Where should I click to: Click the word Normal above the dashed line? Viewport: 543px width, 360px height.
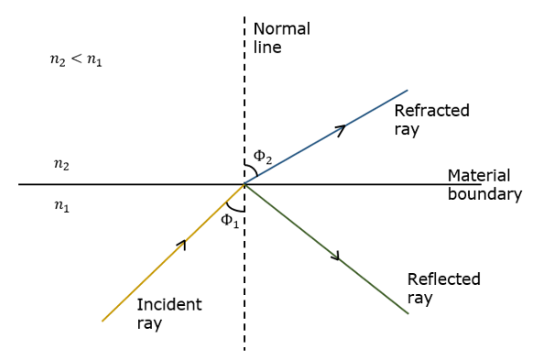282,28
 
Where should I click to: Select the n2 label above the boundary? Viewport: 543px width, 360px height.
61,166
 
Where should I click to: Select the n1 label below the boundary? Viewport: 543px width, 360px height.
61,207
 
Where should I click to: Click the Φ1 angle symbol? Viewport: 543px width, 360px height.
230,220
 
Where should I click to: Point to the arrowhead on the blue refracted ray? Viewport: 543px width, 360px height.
341,129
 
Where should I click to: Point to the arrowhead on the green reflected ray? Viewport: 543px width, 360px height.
336,256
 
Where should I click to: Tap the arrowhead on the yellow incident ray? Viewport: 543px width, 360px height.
183,244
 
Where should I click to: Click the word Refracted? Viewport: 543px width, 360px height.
431,111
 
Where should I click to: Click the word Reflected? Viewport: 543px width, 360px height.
443,279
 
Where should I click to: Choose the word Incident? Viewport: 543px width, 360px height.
168,304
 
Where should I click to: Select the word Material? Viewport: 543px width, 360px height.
479,175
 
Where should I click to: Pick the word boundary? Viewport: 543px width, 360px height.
484,194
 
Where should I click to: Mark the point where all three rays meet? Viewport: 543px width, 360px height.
244,184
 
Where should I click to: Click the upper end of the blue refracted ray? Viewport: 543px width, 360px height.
407,90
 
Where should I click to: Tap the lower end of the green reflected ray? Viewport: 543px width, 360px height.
407,314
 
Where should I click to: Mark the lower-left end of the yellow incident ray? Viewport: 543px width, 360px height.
103,321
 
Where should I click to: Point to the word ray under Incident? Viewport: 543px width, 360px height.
149,323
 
